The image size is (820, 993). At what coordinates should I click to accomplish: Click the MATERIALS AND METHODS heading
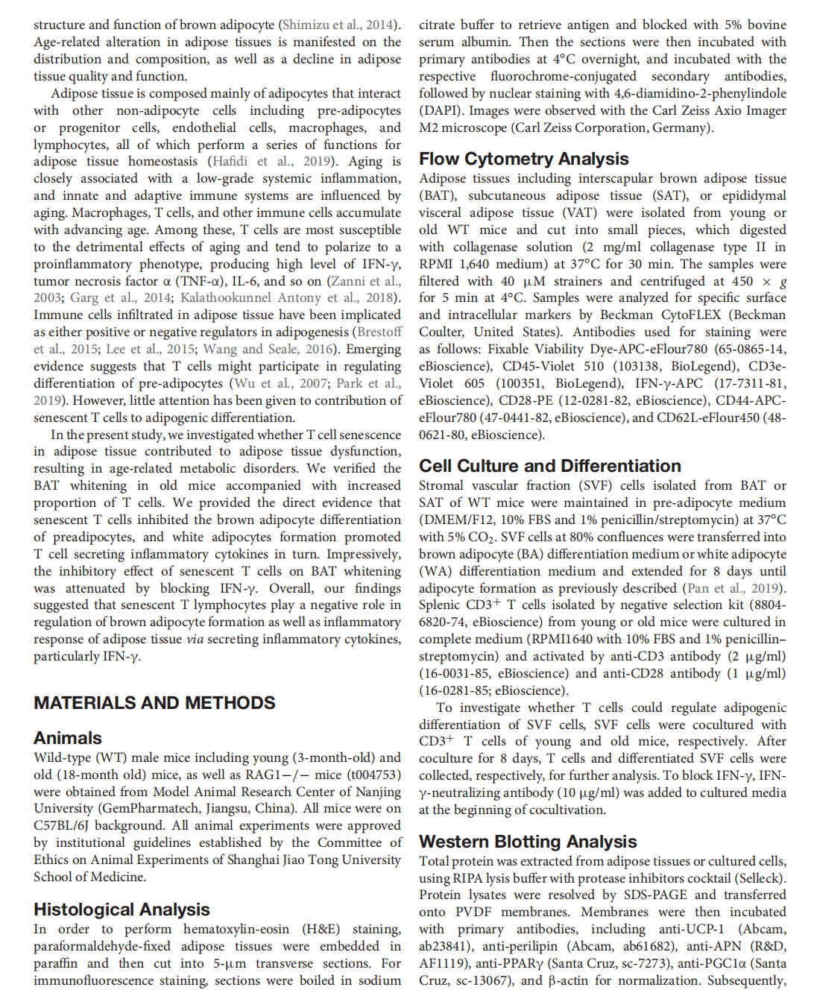coord(154,703)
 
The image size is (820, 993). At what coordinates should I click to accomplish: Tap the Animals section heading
coord(68,738)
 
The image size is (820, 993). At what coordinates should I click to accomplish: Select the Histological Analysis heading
coord(122,910)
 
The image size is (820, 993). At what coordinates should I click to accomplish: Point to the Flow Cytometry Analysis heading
coord(523,159)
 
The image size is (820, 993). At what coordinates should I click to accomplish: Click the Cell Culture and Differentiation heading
coord(549,466)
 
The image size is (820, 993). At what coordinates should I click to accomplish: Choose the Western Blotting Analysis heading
coord(527,842)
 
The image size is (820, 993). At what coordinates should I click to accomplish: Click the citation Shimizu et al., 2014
coord(339,25)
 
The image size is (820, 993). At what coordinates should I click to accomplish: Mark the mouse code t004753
coord(373,775)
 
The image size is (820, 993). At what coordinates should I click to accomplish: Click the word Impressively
coord(363,554)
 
